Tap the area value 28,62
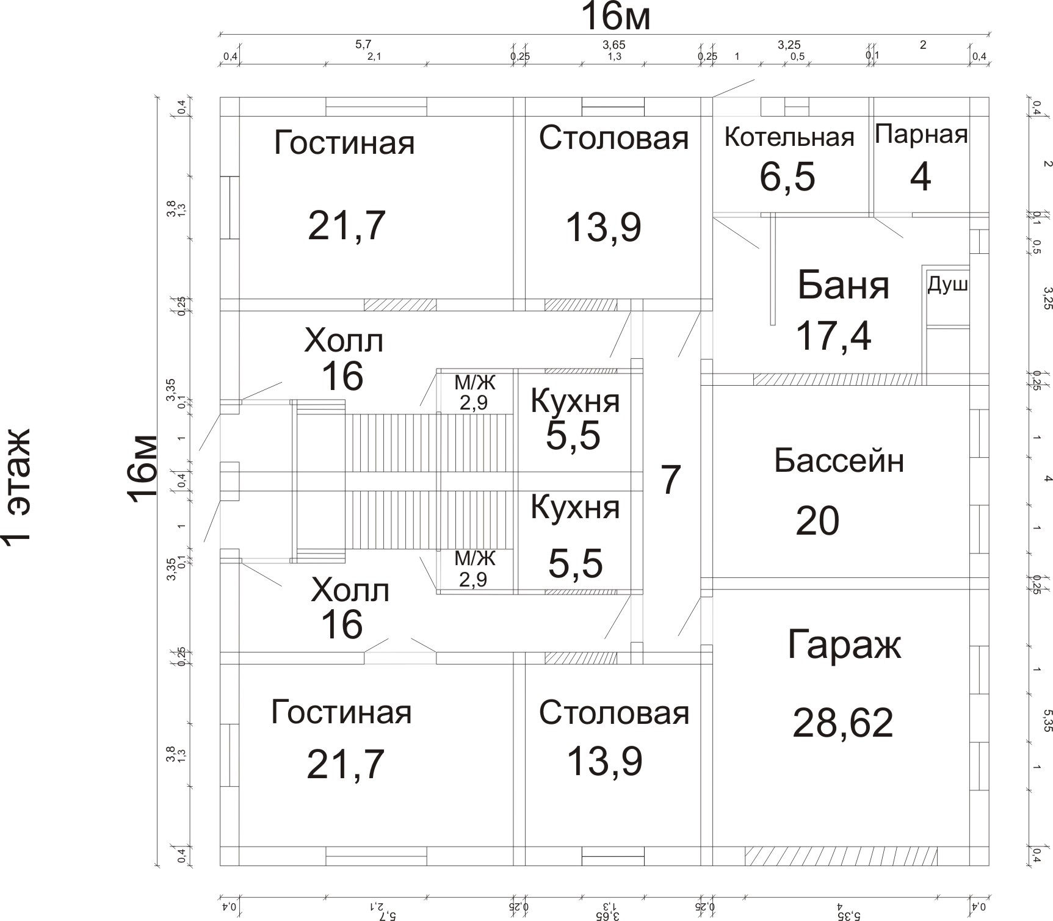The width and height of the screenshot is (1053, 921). pos(842,722)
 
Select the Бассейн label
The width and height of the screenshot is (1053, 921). pos(839,461)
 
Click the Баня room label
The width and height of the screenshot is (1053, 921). pos(843,285)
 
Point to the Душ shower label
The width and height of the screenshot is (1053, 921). pos(947,285)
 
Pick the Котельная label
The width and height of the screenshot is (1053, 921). pos(789,137)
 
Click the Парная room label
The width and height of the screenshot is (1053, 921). pos(921,134)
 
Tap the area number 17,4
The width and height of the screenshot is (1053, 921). pos(833,335)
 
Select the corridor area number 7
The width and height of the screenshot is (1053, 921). pos(670,480)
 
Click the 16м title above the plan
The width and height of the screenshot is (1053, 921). pos(615,16)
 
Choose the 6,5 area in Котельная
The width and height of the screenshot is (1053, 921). pos(787,176)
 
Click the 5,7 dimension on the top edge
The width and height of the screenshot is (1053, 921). pos(363,44)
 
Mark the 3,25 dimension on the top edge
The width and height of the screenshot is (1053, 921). pos(789,45)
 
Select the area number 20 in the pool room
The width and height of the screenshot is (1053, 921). pos(817,521)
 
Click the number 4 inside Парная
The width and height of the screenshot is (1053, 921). pos(920,177)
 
